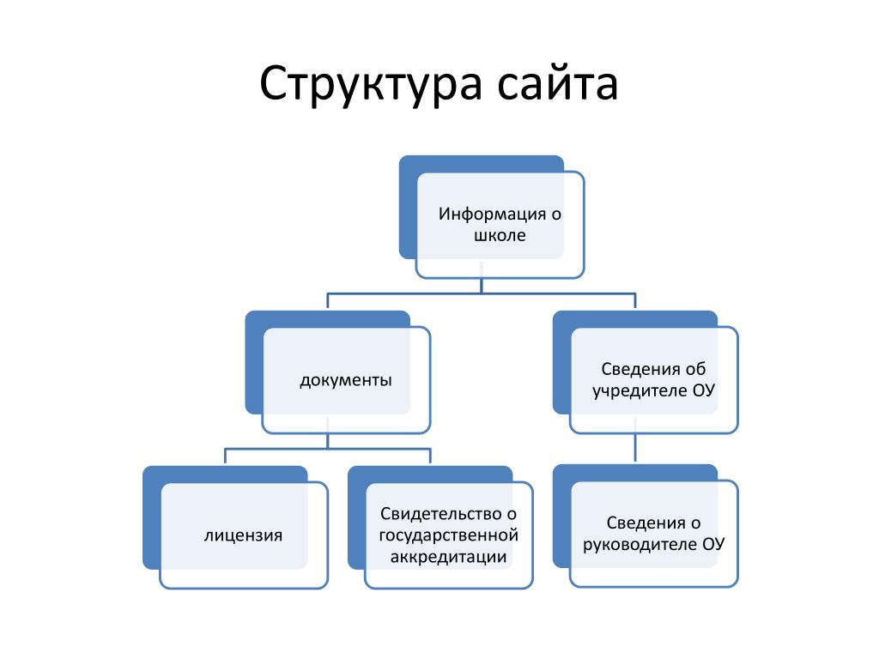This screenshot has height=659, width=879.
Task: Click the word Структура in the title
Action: point(371,84)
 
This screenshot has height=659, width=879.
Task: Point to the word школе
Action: point(500,235)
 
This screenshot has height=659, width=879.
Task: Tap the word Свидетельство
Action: point(439,514)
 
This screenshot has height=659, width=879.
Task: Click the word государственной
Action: point(448,535)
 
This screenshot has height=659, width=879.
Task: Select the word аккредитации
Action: point(448,557)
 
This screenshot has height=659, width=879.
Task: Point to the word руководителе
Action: point(639,545)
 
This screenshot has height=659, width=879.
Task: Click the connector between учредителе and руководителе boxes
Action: point(635,448)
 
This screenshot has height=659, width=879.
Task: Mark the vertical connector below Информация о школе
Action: point(482,286)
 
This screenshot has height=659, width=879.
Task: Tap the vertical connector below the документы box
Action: point(327,441)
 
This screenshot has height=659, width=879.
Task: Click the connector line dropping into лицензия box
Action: point(226,456)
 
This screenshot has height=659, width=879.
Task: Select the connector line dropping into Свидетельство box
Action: point(430,456)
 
